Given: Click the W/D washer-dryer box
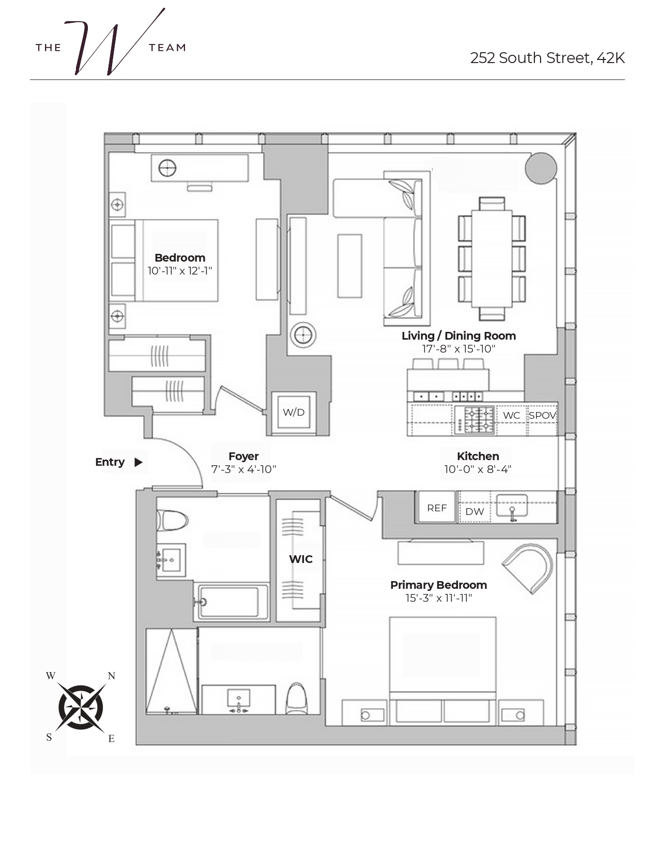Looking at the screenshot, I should [x=294, y=412].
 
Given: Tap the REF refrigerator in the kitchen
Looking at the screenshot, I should [x=437, y=508].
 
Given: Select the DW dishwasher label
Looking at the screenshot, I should [x=474, y=511].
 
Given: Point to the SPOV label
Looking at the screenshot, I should [x=542, y=415].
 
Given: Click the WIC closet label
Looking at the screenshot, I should [x=301, y=559].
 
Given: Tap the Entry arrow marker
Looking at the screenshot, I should [x=138, y=462].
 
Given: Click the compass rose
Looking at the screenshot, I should [x=81, y=707].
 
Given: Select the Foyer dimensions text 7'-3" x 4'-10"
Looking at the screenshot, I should [x=243, y=469].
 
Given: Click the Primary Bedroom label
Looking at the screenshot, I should [x=438, y=585].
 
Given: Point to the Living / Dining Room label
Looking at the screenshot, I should [x=458, y=336].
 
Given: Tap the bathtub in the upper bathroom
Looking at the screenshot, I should [x=230, y=602].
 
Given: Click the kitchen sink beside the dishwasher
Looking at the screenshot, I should [x=512, y=505].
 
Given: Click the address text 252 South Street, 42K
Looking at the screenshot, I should [x=547, y=58].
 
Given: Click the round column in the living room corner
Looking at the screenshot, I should [x=541, y=168].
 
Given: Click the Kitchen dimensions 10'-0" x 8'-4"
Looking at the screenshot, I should [x=478, y=469].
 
